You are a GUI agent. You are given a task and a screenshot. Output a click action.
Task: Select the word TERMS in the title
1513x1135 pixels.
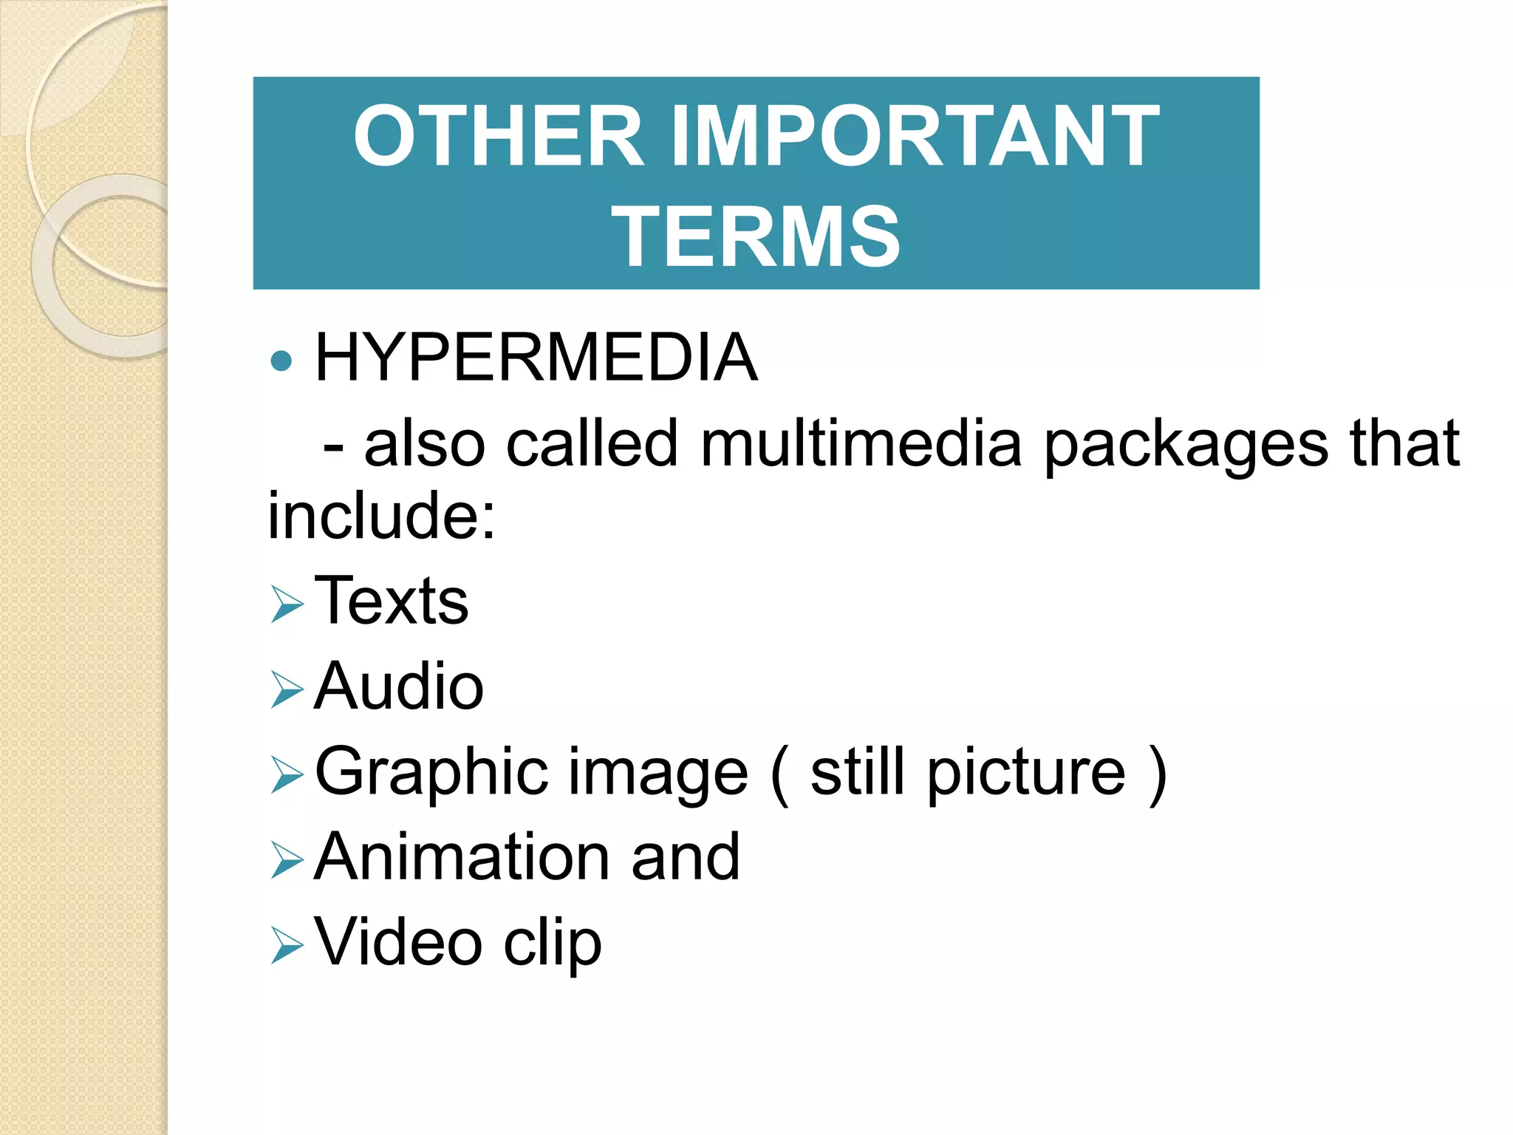pos(756,236)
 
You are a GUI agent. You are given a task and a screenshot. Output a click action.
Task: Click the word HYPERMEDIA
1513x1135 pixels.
pos(536,358)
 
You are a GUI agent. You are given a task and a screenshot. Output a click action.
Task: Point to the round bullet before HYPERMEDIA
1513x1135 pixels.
pos(281,361)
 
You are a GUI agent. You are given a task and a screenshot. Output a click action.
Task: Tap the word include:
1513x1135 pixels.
pos(381,515)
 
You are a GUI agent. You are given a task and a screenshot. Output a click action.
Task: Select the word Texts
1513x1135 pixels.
pos(392,601)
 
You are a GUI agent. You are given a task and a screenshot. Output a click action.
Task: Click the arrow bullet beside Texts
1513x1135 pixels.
pos(287,604)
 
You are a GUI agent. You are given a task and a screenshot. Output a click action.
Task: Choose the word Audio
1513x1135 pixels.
pos(399,686)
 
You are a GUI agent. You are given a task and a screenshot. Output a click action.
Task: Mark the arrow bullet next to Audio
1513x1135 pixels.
pos(287,689)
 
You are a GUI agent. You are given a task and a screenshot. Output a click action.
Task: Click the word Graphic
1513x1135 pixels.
pos(431,773)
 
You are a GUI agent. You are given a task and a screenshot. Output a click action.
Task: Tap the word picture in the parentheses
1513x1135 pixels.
pos(1027,773)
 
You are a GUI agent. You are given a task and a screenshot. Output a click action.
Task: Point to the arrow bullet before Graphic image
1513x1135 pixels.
pos(287,775)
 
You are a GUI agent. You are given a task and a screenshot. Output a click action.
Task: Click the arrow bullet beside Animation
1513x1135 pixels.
pos(287,860)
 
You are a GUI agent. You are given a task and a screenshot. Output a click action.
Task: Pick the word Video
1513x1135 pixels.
pos(399,942)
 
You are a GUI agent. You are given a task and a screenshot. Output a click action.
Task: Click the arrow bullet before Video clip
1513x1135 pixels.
pos(287,945)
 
